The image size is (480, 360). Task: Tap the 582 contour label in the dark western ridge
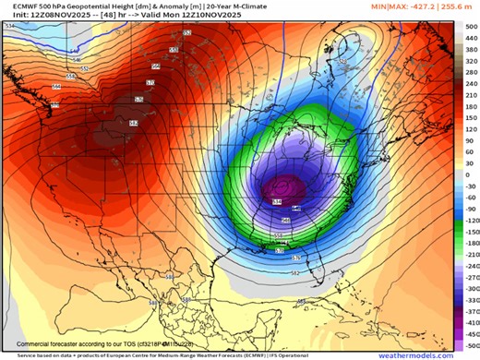[x=133, y=123]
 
